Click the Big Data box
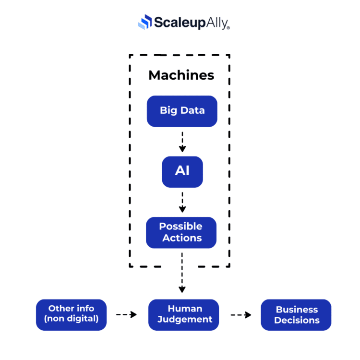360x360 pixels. click(x=182, y=111)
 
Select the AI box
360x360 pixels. click(x=182, y=171)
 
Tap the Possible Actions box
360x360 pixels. click(x=181, y=232)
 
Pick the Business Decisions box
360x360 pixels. click(x=296, y=315)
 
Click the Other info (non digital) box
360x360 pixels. click(x=71, y=314)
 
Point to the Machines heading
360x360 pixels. click(x=181, y=75)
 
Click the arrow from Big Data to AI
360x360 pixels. click(x=182, y=141)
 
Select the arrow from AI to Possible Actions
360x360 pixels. click(x=182, y=202)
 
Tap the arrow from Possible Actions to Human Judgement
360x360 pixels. click(x=182, y=272)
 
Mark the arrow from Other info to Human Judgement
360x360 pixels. click(x=127, y=315)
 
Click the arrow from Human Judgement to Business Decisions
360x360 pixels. click(x=241, y=315)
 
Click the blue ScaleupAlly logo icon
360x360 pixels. click(x=144, y=22)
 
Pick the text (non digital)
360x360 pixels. click(x=71, y=319)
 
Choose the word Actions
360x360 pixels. click(x=182, y=238)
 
